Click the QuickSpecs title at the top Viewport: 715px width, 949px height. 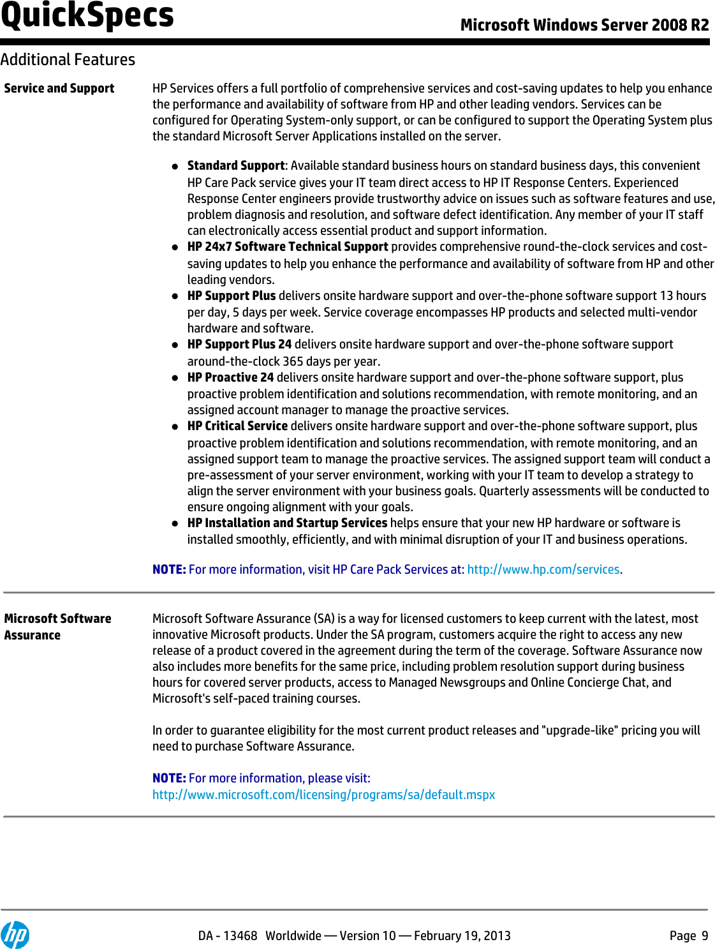point(87,15)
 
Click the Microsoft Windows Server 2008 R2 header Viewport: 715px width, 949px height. point(584,25)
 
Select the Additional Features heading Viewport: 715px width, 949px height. point(68,59)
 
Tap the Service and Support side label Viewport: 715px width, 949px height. point(59,88)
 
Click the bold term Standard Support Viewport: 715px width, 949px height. point(235,165)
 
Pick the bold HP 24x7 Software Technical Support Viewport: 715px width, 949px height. point(288,246)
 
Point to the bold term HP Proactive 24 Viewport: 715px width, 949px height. point(230,377)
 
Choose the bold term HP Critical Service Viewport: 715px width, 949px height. point(237,426)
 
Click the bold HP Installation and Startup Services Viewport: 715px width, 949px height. point(287,523)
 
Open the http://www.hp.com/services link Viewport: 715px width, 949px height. point(543,569)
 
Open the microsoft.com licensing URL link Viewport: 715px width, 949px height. point(323,795)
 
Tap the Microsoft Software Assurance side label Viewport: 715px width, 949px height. point(57,626)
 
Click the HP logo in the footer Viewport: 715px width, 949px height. point(15,935)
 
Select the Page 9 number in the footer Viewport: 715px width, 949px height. point(688,936)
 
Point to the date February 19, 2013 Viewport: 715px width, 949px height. point(462,936)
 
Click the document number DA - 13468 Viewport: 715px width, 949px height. point(227,936)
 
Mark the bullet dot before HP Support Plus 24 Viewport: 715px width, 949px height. point(175,345)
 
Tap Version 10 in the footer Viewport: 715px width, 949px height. point(367,936)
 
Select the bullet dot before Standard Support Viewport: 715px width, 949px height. point(175,167)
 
